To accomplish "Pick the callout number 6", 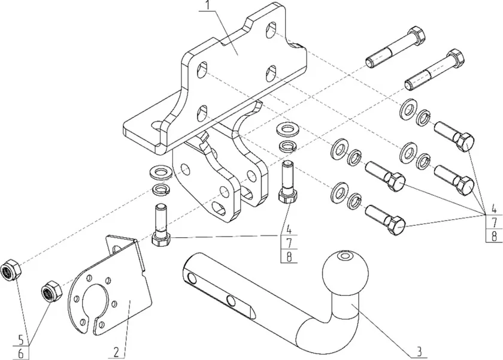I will tap(22, 353).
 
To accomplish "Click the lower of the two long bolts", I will tap(435, 70).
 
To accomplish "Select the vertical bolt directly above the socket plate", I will tap(161, 225).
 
